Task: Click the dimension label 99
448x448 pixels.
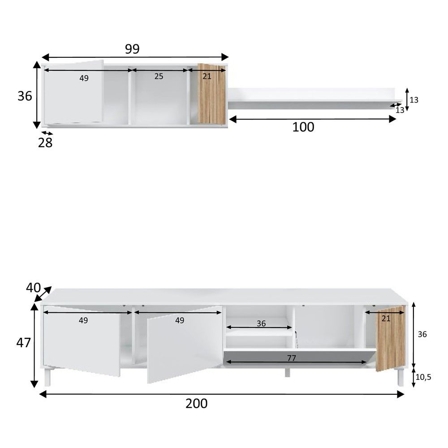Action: [x=132, y=49]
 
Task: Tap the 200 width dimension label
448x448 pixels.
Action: [x=197, y=404]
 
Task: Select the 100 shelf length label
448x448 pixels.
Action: [x=303, y=127]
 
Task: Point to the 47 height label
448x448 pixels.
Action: [x=23, y=343]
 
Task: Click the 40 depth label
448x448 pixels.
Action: [x=33, y=288]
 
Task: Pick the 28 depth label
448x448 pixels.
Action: [x=45, y=142]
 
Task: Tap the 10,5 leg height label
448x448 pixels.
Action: [x=423, y=377]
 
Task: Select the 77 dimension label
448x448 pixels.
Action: [x=292, y=358]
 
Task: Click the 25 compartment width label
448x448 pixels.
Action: [x=159, y=76]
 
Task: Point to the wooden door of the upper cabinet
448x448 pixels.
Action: [x=212, y=94]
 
